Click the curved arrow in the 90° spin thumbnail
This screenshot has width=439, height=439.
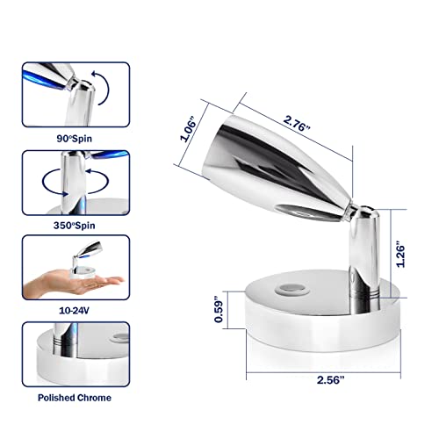pos(102,90)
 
